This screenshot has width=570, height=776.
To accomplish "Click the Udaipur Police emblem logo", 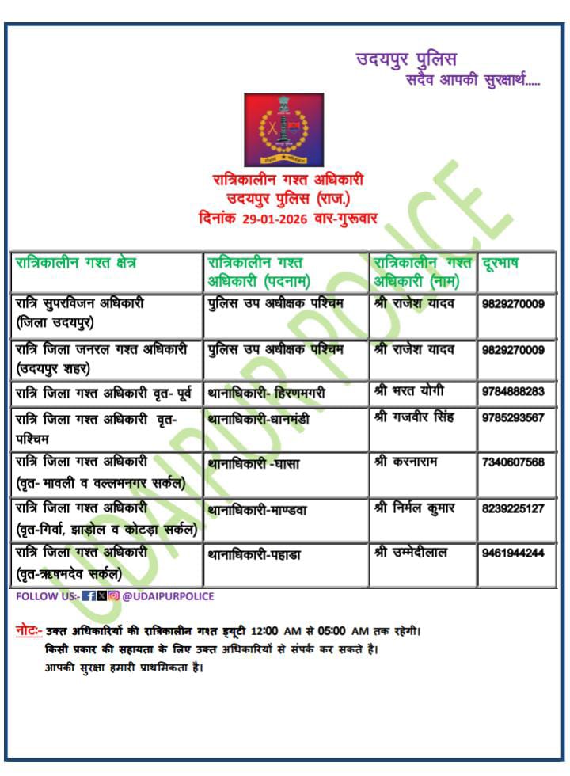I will click(x=283, y=129).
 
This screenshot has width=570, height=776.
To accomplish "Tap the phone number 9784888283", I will click(x=512, y=392).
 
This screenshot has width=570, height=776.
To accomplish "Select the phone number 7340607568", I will click(x=512, y=462).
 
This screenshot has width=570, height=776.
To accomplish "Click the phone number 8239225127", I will click(x=512, y=508).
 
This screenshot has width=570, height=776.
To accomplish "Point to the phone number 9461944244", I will click(x=512, y=553).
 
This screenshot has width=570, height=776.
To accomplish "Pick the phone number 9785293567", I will click(x=512, y=417).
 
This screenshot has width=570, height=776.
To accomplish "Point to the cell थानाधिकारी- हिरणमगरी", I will click(x=266, y=393).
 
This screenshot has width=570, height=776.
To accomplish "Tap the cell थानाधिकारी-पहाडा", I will click(x=253, y=554).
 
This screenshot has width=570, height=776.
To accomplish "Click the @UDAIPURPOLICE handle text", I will click(x=168, y=596).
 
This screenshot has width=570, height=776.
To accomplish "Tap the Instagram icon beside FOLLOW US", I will click(x=113, y=596).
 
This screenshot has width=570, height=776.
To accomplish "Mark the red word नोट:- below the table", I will click(x=29, y=631).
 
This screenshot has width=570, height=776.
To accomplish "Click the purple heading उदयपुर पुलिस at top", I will click(x=406, y=59).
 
